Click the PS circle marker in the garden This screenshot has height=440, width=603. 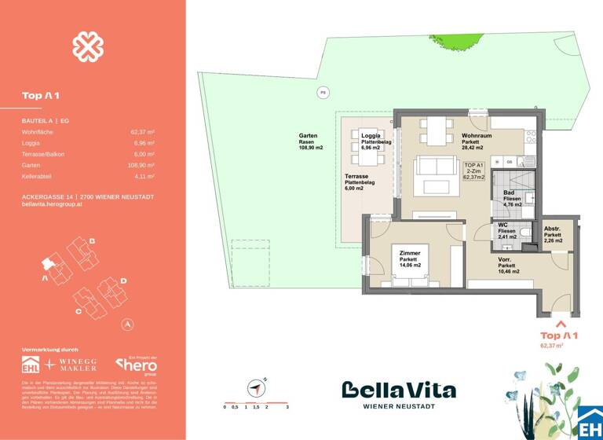point(322,93)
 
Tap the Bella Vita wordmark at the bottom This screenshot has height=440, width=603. point(398,390)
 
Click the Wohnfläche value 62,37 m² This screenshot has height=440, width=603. point(142,133)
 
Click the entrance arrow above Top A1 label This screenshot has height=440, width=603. point(560,323)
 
